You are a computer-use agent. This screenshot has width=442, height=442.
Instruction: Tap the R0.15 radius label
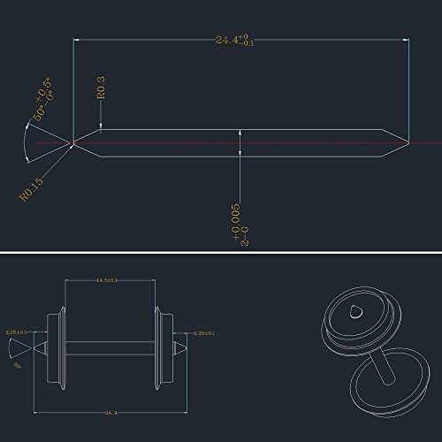(32, 187)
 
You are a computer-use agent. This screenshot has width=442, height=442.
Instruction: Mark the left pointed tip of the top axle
(72, 141)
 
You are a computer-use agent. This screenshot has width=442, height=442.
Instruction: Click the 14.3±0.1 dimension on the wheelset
(110, 280)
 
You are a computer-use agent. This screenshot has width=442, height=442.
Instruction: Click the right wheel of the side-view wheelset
(161, 343)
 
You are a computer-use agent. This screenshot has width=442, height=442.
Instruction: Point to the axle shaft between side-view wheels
(110, 343)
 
